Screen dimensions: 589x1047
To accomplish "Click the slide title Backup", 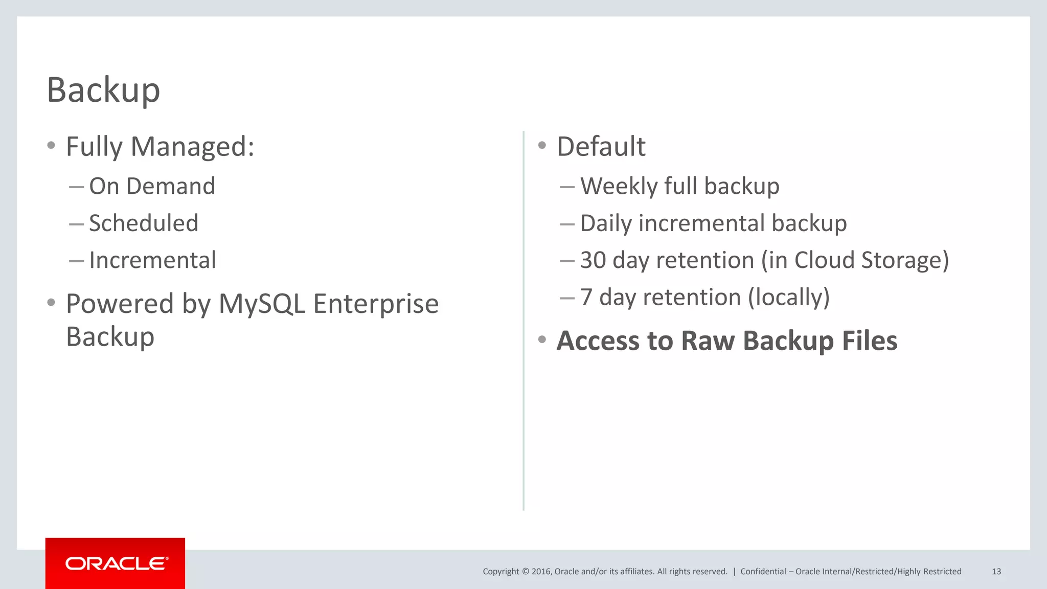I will coord(103,90).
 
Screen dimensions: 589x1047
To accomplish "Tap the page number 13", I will coord(996,572).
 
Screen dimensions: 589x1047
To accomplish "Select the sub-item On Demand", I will coord(152,186).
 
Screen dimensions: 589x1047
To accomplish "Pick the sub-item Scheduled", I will coord(144,223).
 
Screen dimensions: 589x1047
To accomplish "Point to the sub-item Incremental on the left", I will coord(152,260).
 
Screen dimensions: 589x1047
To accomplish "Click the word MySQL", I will coord(262,304).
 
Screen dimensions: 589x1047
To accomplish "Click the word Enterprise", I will coord(376,305).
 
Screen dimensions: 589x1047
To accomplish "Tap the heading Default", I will coord(601,147).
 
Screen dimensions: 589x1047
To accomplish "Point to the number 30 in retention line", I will coord(593,260).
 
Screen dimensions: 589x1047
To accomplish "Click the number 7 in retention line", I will coord(586,298).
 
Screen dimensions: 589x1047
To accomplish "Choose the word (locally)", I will coord(788,298).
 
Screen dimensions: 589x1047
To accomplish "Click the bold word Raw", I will coord(708,341).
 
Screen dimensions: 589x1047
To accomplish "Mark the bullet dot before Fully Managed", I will coord(51,146).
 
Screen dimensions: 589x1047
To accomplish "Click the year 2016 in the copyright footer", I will coord(541,572).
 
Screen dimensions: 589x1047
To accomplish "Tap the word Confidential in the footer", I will coord(763,572).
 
